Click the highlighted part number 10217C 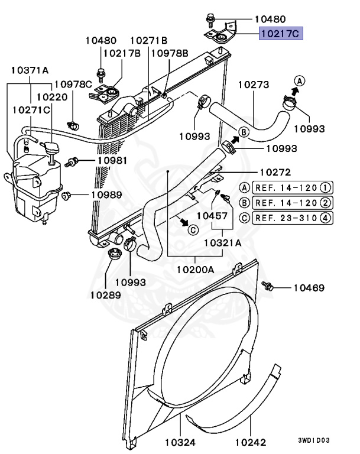[x=281, y=34]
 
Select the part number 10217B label [x=122, y=53]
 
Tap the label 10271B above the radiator [x=148, y=40]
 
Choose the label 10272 [x=276, y=173]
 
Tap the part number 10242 [x=251, y=442]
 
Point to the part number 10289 [x=106, y=294]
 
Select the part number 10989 [x=106, y=194]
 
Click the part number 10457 [x=212, y=216]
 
